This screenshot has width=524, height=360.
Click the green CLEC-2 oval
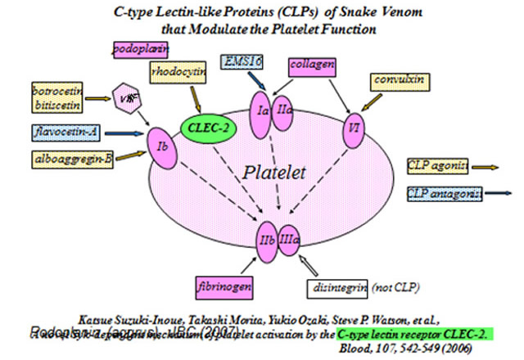[x=204, y=128]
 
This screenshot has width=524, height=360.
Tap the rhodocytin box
[x=177, y=72]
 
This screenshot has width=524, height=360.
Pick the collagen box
[x=311, y=63]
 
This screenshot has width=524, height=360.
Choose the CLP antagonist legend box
[x=443, y=193]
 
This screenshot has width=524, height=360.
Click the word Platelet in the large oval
[x=274, y=173]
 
